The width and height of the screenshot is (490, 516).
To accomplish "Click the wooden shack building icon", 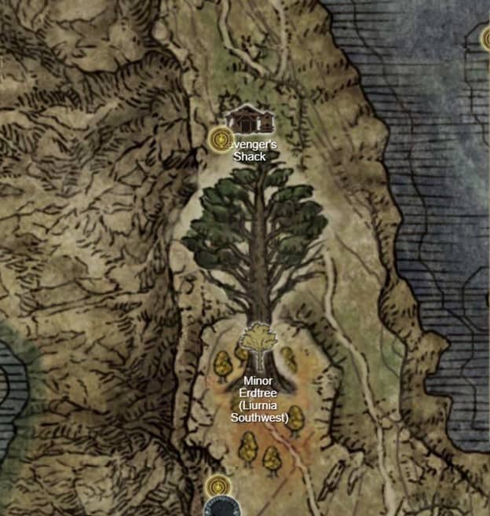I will (249, 119).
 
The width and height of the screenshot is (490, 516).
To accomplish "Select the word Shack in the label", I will (250, 156).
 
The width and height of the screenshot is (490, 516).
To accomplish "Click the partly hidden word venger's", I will (253, 145).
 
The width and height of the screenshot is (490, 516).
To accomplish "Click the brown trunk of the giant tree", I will (257, 291).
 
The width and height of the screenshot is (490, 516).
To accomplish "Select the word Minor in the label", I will (257, 381).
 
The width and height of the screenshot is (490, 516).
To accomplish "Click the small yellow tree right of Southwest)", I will (296, 418).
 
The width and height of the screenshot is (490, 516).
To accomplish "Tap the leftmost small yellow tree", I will (222, 364).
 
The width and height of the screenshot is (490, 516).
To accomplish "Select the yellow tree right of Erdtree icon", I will (288, 357).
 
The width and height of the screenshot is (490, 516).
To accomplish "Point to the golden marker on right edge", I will (485, 37).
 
